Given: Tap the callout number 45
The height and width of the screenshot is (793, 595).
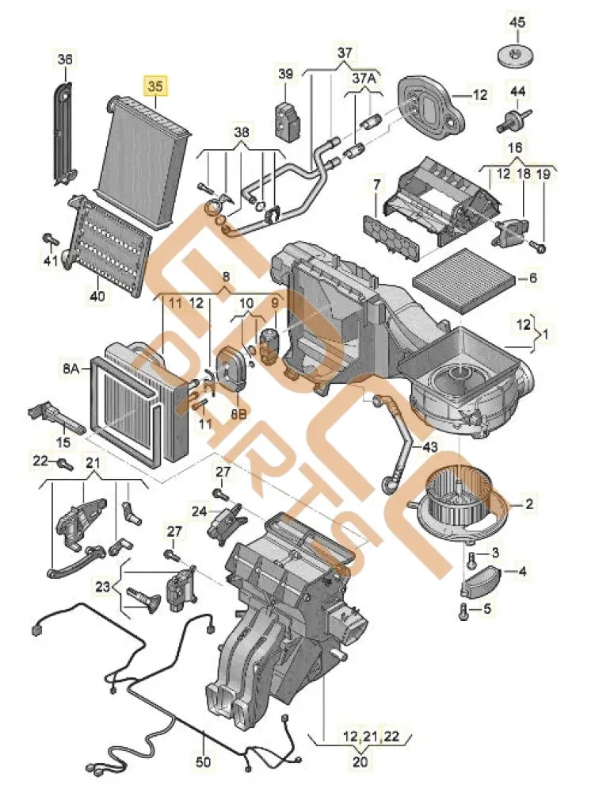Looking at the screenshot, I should click(517, 23).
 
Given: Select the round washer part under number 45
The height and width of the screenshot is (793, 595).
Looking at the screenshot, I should click(516, 56).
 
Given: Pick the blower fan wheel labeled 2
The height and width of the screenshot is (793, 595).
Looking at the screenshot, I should click(456, 501).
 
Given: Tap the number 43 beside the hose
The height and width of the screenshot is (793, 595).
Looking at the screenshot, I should click(429, 447).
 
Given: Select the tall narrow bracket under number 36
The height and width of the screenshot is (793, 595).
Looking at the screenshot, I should click(64, 131).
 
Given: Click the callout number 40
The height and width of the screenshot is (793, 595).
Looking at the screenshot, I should click(97, 296).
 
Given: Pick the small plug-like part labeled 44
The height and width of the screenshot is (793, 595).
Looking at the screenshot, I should click(513, 120).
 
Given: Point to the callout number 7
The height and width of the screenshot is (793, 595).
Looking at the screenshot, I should click(377, 186).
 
